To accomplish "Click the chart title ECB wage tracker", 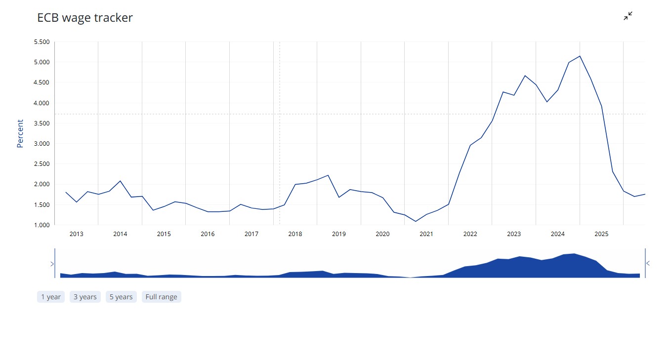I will pyautogui.click(x=85, y=18).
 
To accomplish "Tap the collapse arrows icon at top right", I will pyautogui.click(x=628, y=16).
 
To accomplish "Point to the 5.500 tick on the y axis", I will pyautogui.click(x=42, y=42).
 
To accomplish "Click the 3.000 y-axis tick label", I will pyautogui.click(x=42, y=144).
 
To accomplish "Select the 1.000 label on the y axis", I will pyautogui.click(x=42, y=225).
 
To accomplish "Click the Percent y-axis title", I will pyautogui.click(x=20, y=133).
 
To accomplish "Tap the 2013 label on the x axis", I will pyautogui.click(x=77, y=234).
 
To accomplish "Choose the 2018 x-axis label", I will pyautogui.click(x=295, y=234).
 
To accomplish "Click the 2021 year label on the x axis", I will pyautogui.click(x=426, y=234).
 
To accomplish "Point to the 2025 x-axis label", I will pyautogui.click(x=601, y=234).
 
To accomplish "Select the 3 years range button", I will pyautogui.click(x=85, y=297).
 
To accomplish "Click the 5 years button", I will pyautogui.click(x=121, y=297).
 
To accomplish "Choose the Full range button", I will pyautogui.click(x=161, y=297).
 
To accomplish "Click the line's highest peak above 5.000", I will pyautogui.click(x=580, y=56).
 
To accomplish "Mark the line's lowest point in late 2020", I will pyautogui.click(x=416, y=221).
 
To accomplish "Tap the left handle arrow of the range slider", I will pyautogui.click(x=52, y=264).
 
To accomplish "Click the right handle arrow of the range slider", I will pyautogui.click(x=648, y=263).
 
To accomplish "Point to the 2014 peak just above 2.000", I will pyautogui.click(x=120, y=181).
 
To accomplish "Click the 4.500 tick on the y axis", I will pyautogui.click(x=42, y=82).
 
